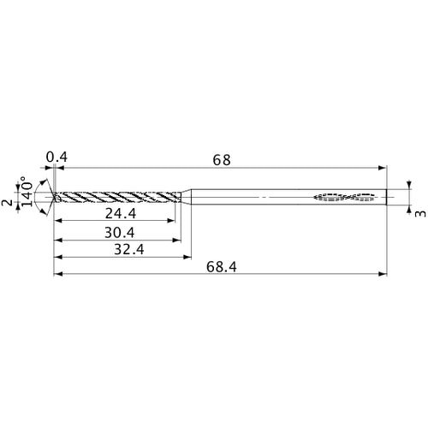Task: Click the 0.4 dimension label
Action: click(x=56, y=157)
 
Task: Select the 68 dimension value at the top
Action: click(x=222, y=160)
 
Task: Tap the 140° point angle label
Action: click(x=27, y=192)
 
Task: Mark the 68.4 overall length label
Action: click(x=222, y=267)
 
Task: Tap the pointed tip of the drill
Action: click(x=53, y=198)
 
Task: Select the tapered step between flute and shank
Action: click(x=186, y=198)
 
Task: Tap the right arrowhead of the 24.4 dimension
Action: click(x=173, y=221)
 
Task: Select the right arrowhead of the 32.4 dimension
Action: click(x=187, y=257)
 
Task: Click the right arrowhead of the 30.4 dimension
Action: click(x=179, y=239)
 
